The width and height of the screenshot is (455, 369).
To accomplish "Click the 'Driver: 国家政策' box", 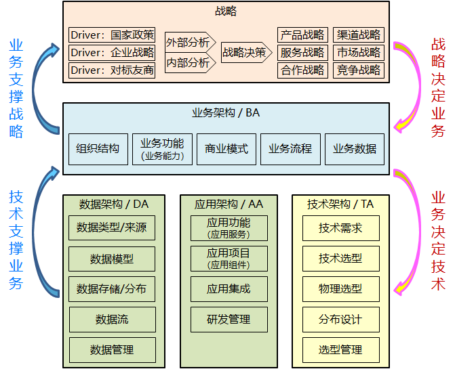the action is point(112,35).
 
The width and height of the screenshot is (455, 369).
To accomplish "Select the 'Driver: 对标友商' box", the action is point(112,70).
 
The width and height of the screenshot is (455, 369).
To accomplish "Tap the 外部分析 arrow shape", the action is point(191,42).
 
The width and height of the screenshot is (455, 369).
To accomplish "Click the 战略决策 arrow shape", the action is point(247,52).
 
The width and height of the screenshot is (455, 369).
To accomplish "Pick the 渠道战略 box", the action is point(358,35).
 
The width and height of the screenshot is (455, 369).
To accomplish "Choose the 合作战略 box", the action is point(302,70).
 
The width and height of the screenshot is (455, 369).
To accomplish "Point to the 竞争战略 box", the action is point(358,70).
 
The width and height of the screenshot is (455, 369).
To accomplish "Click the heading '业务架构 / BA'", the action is point(226,112).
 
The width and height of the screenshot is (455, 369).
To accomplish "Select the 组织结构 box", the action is point(98,149).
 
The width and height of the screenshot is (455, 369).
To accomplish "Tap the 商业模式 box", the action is point(226,149).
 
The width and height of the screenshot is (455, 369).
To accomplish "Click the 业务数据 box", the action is point(355,149).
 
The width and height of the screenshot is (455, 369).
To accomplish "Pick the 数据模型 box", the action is point(112,259).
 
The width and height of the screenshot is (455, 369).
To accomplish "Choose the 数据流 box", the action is point(113,320).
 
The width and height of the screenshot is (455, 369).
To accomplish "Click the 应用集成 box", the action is point(229,289).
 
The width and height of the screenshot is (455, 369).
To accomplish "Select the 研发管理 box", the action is point(229,320).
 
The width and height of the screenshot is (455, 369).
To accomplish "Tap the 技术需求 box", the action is point(341,228).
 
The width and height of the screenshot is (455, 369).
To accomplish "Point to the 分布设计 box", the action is point(341,320).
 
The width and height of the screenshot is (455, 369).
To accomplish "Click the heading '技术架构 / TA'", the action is point(340,204).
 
